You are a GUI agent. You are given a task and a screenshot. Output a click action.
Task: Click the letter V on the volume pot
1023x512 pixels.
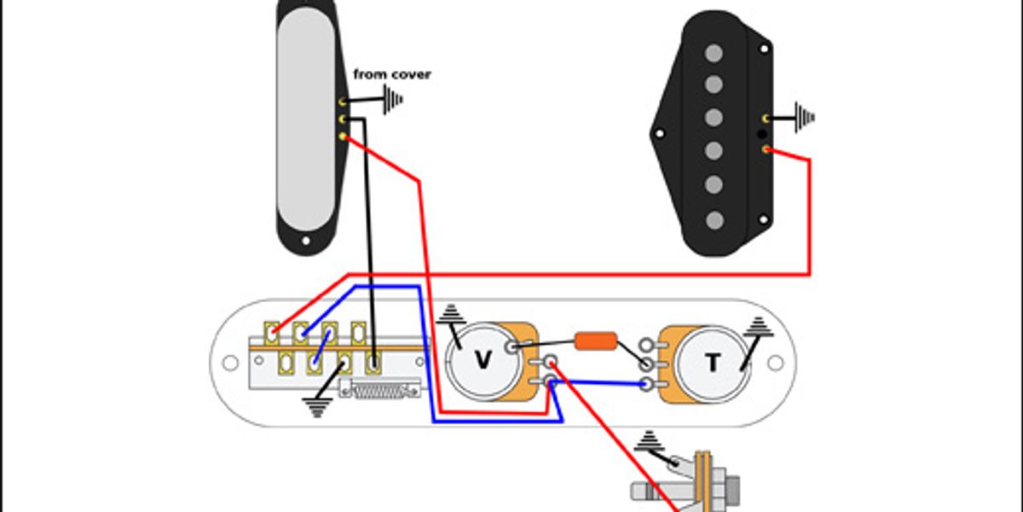[x=483, y=361]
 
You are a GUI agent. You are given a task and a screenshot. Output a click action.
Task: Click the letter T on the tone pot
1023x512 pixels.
[x=713, y=363]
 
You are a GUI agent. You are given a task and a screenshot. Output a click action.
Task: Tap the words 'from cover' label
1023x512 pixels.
[x=392, y=74]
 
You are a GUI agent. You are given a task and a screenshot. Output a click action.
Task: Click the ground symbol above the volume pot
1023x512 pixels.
[x=449, y=317]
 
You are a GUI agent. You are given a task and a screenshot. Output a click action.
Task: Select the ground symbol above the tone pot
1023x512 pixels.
[x=757, y=325]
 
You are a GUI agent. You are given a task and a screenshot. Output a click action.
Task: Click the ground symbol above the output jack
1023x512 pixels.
[x=650, y=441]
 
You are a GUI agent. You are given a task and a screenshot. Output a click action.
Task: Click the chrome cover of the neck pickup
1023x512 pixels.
[x=304, y=119]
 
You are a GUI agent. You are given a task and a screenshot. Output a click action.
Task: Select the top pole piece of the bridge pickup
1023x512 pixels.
[x=714, y=54]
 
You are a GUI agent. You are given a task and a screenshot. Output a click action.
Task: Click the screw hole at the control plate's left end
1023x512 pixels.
[x=229, y=364]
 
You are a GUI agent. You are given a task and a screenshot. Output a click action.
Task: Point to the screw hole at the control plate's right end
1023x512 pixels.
[x=774, y=363]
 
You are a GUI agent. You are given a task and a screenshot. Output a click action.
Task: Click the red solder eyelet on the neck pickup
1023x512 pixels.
[x=343, y=137]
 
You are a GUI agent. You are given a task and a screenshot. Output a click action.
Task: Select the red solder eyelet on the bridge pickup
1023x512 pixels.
[x=766, y=149]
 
